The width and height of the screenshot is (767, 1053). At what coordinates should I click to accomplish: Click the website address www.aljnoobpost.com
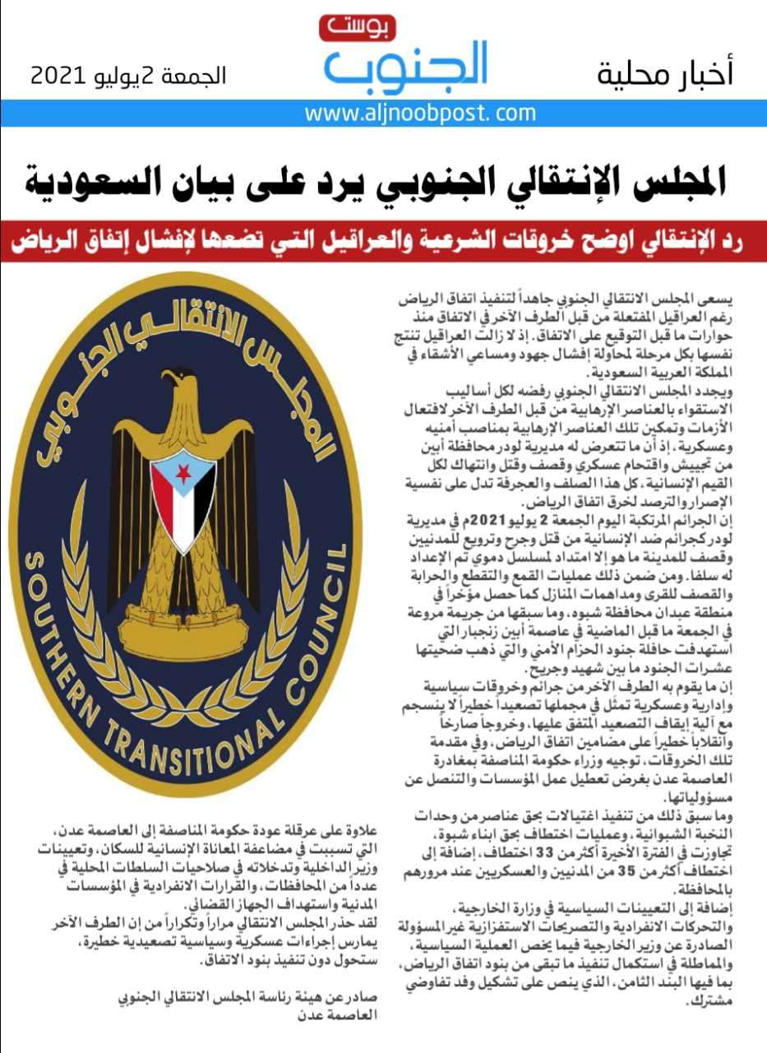[420, 114]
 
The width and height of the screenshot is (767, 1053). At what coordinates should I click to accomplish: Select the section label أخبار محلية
[665, 74]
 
